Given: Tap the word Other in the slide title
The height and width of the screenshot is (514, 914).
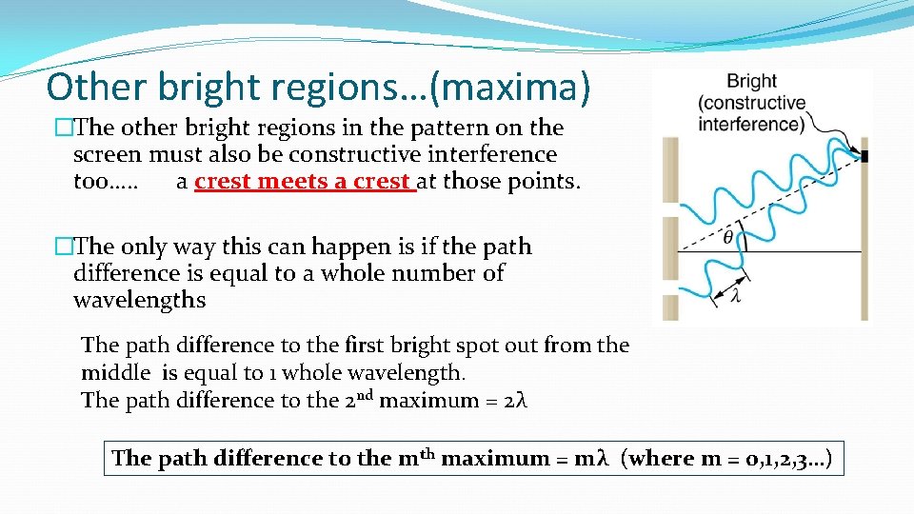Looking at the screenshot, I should coord(91,88).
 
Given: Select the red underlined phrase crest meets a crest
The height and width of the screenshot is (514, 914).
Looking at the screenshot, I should coord(304,181).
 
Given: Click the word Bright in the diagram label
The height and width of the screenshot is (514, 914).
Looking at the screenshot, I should coord(751,82).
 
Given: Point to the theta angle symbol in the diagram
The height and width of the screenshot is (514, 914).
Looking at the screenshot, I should coord(728,237).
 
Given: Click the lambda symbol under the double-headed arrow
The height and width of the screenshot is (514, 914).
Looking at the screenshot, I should coord(736,296).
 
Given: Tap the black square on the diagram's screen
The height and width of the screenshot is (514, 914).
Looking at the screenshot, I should coord(865,155).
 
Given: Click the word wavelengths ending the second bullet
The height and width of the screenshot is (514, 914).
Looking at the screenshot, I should coord(139,300).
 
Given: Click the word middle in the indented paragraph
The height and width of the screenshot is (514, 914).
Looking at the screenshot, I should coord(115,372).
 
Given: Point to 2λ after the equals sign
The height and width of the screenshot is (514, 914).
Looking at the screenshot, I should coord(515,400).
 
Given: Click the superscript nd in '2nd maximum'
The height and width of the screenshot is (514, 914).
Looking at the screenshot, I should coord(366,394).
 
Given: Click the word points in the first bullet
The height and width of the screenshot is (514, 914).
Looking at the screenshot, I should coord(542,181).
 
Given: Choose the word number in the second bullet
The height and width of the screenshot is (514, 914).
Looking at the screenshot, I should coord(446,273).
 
